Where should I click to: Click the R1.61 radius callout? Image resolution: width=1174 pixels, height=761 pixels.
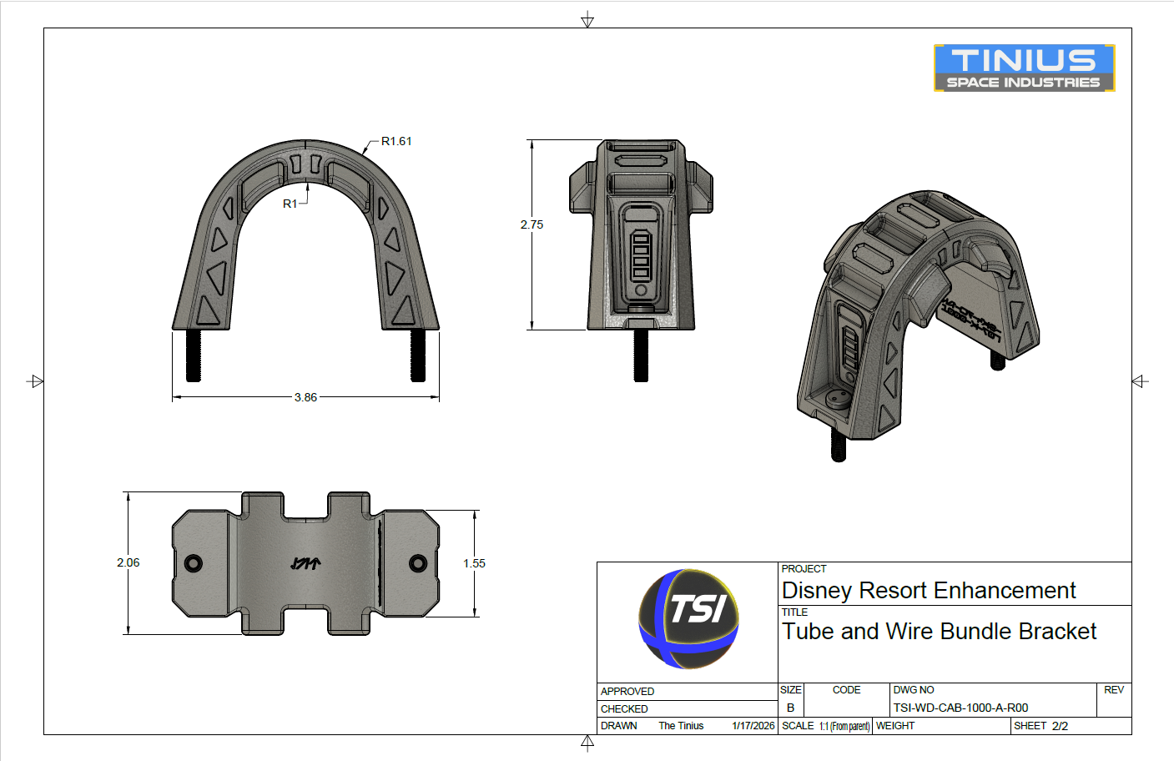[x=396, y=141]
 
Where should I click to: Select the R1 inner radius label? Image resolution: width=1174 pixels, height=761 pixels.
[x=290, y=204]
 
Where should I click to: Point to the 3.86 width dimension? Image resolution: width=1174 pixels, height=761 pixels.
[x=305, y=397]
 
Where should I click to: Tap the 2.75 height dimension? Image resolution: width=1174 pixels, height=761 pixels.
[x=532, y=224]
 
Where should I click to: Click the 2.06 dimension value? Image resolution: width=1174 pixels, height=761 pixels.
[x=128, y=562]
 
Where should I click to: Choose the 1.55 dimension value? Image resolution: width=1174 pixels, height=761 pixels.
[x=474, y=563]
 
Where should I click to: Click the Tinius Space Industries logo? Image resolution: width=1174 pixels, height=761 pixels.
[x=1024, y=68]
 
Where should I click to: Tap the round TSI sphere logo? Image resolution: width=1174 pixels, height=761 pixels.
[x=688, y=619]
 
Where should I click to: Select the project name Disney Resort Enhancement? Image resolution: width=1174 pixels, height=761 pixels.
[x=928, y=591]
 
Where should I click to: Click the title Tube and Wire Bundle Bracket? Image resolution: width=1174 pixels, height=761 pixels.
[x=939, y=632]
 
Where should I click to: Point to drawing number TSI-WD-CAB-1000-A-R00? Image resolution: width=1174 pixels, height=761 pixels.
[x=960, y=708]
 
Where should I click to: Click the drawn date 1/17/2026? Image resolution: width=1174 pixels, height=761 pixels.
[x=753, y=726]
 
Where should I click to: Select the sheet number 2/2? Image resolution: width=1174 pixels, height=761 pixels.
[x=1060, y=726]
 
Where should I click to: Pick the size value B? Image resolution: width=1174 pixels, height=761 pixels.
[x=790, y=708]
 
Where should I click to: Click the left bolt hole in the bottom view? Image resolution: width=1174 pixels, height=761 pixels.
[x=194, y=563]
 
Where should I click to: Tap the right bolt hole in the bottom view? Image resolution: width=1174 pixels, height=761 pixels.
[x=418, y=563]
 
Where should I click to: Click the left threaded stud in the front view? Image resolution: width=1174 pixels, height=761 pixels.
[x=194, y=355]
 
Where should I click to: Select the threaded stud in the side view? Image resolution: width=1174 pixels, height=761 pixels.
[x=641, y=355]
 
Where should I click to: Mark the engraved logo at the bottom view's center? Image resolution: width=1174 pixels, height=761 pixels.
[x=305, y=564]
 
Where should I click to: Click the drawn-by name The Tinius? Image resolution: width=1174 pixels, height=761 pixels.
[x=681, y=726]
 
